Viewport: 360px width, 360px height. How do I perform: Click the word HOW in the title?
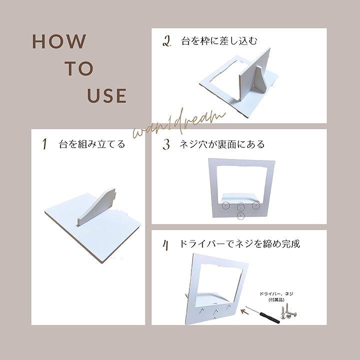click(59, 41)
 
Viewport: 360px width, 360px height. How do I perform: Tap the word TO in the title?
click(79, 68)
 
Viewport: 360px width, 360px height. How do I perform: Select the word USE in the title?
click(107, 95)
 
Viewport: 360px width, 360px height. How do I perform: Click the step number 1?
click(44, 144)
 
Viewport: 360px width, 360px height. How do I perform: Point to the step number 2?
click(166, 41)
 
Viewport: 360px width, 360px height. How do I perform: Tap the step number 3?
click(166, 144)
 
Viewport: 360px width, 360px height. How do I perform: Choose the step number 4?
click(166, 245)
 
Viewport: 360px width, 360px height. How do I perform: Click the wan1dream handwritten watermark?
click(179, 124)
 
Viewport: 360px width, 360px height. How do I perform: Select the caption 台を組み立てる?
click(92, 144)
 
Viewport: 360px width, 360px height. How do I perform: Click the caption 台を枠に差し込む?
click(219, 41)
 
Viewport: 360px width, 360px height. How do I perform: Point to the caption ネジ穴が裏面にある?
click(222, 144)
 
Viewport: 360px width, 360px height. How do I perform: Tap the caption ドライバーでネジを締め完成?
click(239, 244)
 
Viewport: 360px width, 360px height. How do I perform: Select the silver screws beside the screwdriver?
click(288, 311)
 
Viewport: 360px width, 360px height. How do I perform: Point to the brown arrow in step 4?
click(245, 311)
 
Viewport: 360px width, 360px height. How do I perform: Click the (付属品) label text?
click(276, 299)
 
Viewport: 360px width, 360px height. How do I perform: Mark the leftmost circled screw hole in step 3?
click(225, 205)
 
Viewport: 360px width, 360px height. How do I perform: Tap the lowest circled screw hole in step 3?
click(240, 216)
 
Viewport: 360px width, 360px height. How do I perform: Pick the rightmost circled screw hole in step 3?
click(256, 205)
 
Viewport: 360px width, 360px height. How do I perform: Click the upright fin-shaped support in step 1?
click(96, 207)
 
